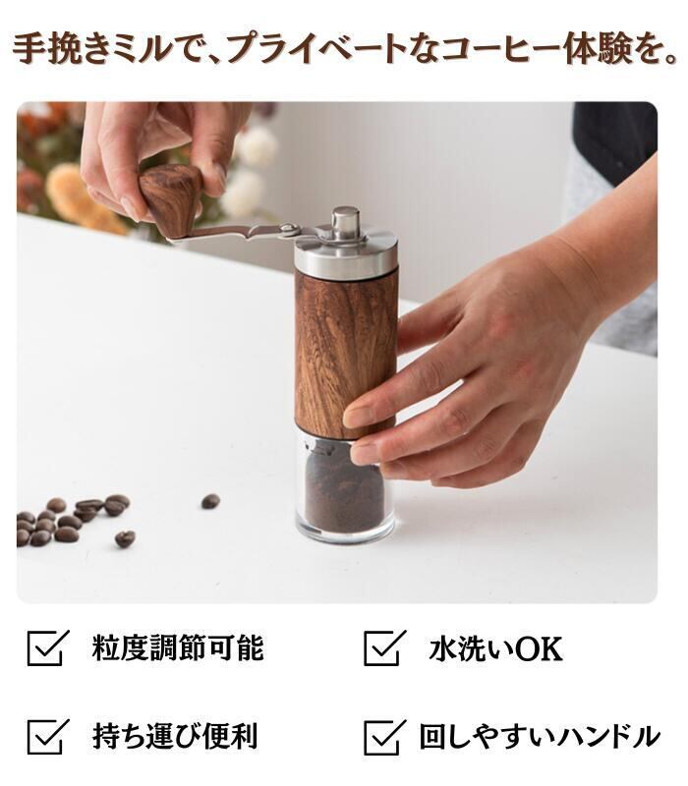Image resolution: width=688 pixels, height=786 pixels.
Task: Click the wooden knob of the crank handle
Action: click(170, 199)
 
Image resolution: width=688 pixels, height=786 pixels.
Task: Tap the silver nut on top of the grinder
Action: click(346, 223)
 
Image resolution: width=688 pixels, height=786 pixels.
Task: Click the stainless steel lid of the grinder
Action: click(346, 254)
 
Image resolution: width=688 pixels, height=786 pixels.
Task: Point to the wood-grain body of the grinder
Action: click(345, 354)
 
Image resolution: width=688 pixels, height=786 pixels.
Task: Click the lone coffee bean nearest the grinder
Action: click(210, 501)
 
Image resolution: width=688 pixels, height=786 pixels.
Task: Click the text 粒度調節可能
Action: click(178, 648)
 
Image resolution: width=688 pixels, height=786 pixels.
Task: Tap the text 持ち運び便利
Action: click(175, 736)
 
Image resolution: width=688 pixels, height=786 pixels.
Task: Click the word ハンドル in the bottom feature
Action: click(609, 736)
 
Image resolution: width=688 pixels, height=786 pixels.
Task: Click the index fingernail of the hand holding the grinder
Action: click(356, 417)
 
